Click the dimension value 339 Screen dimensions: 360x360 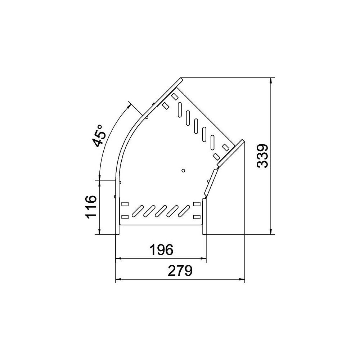[262, 156]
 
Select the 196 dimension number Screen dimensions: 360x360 [161, 250]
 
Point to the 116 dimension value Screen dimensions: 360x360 [91, 207]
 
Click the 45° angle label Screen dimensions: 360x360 [99, 136]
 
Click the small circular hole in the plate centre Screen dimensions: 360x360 [183, 170]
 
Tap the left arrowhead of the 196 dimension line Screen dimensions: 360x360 [118, 258]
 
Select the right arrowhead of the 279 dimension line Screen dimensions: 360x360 [242, 279]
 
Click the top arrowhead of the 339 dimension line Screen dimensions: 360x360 [271, 81]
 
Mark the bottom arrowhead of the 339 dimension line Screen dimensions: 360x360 [271, 231]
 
